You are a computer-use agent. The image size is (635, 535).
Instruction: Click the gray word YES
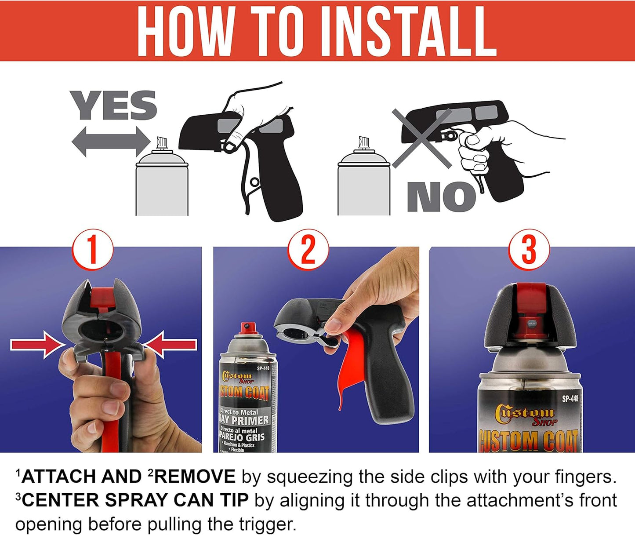click(113, 106)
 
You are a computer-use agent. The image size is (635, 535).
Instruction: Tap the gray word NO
click(441, 197)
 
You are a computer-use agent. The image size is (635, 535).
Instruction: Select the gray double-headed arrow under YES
click(111, 142)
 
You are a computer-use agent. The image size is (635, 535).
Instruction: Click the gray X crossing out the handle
click(422, 138)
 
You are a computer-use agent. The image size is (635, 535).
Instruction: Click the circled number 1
click(92, 250)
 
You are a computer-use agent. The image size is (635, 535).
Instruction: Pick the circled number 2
click(308, 250)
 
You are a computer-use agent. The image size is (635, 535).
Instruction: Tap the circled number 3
click(529, 250)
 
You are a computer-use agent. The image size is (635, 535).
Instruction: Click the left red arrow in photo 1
click(37, 345)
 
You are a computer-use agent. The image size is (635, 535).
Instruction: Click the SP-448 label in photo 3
click(570, 399)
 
